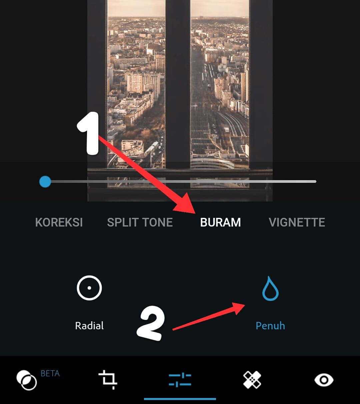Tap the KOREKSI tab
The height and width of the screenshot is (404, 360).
point(59,223)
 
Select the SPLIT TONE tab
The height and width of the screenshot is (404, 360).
point(140,223)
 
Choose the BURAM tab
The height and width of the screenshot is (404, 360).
point(220,223)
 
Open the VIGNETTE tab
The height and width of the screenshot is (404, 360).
point(297,223)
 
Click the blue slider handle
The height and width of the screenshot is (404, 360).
point(45,182)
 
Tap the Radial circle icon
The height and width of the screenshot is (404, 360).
point(89,288)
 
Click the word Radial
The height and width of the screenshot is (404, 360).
point(89,326)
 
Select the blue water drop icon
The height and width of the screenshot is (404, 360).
point(270,289)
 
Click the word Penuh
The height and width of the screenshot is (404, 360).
point(270,326)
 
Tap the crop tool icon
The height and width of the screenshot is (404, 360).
point(108,380)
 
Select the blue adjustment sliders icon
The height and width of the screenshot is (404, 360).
point(180,380)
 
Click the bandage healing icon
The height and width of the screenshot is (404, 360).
point(252,380)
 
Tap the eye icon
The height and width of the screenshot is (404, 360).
point(324,380)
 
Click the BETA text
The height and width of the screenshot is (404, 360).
point(50,373)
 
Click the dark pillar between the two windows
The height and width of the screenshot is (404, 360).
point(178,83)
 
